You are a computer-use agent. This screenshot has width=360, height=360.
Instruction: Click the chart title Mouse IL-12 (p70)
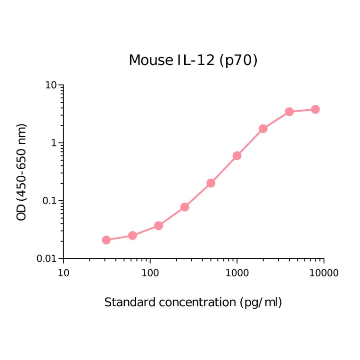(x=193, y=60)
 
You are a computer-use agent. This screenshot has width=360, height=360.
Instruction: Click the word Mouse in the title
(x=151, y=60)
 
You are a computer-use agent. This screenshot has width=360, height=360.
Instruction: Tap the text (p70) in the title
(x=238, y=61)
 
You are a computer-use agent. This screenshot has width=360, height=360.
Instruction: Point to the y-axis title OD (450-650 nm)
(x=22, y=172)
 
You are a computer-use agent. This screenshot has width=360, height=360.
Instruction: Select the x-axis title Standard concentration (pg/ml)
(x=193, y=303)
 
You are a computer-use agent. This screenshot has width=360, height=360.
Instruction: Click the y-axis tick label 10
(x=50, y=85)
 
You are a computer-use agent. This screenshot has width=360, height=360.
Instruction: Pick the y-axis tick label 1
(x=54, y=143)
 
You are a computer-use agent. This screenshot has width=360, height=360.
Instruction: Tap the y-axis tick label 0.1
(x=49, y=201)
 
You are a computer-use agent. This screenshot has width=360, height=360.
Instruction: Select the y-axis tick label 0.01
(x=47, y=259)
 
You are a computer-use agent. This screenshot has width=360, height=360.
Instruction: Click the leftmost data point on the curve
(x=106, y=240)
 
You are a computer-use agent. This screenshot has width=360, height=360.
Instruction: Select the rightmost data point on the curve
(x=315, y=109)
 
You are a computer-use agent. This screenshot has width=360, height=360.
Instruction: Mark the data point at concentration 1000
(x=237, y=155)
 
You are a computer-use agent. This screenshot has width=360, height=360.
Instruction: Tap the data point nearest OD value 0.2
(x=211, y=183)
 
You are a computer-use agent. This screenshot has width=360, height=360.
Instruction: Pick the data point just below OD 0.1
(x=185, y=207)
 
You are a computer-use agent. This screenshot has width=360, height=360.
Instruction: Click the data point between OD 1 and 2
(x=263, y=129)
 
